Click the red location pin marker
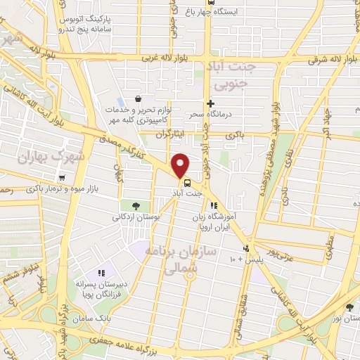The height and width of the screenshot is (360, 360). pyautogui.click(x=181, y=165)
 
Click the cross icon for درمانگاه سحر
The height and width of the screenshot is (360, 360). pyautogui.click(x=210, y=104)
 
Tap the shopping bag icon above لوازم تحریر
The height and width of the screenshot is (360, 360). pyautogui.click(x=138, y=99)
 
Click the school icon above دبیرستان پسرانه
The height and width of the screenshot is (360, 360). pyautogui.click(x=102, y=272)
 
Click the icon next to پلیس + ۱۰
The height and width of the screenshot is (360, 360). pyautogui.click(x=245, y=248)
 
